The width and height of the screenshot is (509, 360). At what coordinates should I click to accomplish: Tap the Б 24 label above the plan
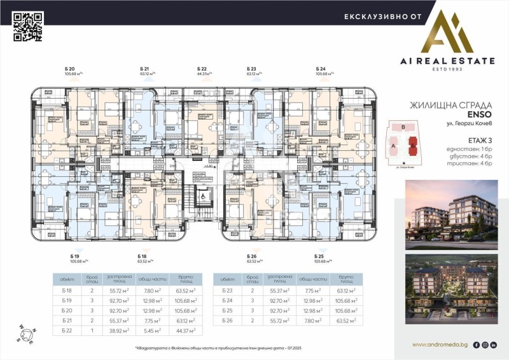[321, 68]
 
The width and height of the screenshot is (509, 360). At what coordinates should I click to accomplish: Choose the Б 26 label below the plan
[251, 255]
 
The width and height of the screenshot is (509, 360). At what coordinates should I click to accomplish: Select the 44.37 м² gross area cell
[186, 330]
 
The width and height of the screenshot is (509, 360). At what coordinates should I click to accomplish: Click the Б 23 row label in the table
[227, 289]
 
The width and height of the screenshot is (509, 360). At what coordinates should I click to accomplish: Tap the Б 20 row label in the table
[67, 310]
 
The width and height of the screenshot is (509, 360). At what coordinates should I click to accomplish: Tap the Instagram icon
[485, 345]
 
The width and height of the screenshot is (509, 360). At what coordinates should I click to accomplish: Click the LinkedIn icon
[494, 345]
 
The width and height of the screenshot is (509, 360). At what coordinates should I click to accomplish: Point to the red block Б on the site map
[414, 144]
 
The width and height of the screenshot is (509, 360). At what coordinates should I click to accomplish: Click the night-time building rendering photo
[452, 290]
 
